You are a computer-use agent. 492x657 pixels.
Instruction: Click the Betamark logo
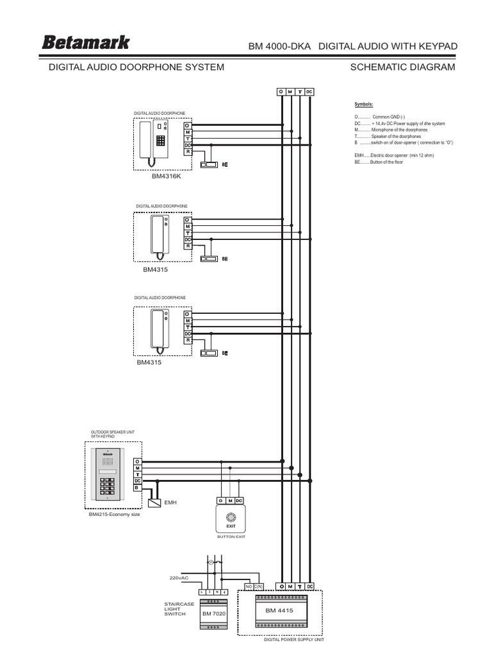(86, 44)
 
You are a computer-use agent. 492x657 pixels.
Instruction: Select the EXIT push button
(231, 517)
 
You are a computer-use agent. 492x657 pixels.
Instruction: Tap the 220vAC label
(181, 578)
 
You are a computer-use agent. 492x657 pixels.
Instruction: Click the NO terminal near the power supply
(248, 586)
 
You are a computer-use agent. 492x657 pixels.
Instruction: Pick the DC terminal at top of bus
(309, 92)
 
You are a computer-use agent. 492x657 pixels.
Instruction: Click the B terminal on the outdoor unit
(137, 487)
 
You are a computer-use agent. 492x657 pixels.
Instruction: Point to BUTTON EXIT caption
(231, 536)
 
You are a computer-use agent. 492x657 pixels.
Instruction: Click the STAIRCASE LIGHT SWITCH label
(174, 609)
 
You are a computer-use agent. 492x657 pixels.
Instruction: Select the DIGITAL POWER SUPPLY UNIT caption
(294, 640)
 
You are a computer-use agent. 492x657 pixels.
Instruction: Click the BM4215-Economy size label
(114, 514)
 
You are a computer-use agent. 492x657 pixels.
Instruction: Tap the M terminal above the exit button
(231, 500)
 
